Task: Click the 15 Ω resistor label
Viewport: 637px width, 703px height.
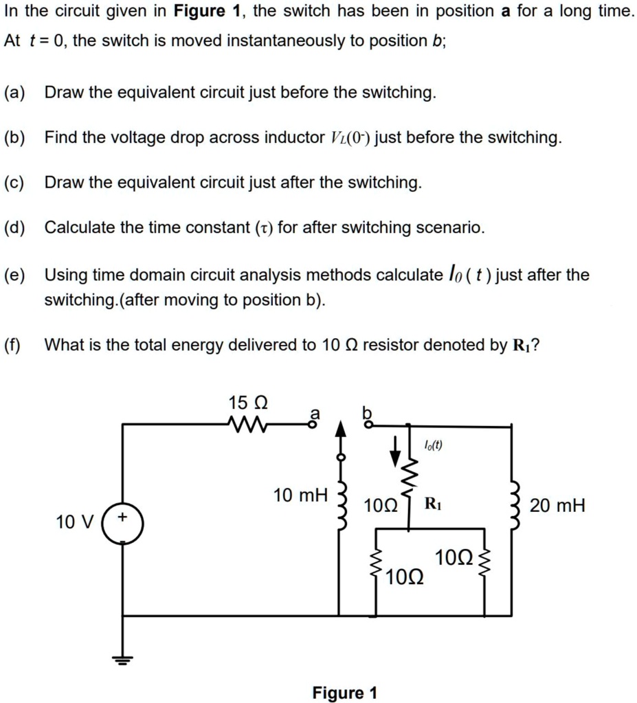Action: coord(247,402)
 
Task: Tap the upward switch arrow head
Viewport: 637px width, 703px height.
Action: coord(338,429)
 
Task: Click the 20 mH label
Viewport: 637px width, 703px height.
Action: coord(557,506)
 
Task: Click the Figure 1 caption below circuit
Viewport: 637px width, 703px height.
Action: coord(344,692)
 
